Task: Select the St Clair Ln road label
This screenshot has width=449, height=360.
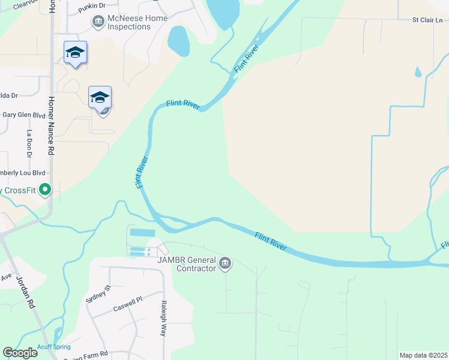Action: (427, 20)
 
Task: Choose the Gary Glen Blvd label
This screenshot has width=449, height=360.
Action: (24, 114)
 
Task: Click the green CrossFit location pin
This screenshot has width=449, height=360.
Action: (45, 190)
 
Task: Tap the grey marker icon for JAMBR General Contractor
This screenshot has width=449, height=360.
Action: (225, 263)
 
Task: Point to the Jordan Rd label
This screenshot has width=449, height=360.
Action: (28, 292)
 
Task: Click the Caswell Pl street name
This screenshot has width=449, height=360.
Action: (127, 304)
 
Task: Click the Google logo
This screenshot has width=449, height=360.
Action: (20, 353)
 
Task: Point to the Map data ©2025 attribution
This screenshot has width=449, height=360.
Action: (423, 355)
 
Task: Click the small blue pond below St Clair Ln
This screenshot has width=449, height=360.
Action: (418, 72)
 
